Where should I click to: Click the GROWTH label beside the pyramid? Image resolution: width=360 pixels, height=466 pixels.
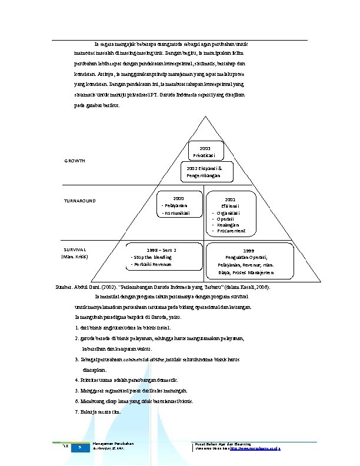click(x=75, y=161)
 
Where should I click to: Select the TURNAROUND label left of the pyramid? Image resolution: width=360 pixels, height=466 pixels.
click(x=80, y=201)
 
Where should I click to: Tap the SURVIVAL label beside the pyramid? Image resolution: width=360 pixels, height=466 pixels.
click(x=75, y=249)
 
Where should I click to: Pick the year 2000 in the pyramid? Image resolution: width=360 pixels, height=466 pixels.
click(x=179, y=198)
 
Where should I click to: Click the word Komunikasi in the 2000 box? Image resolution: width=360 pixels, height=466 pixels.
click(x=176, y=213)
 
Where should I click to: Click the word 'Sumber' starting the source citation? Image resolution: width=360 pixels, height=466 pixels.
click(x=62, y=289)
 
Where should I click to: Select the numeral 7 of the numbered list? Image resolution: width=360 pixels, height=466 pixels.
click(x=76, y=412)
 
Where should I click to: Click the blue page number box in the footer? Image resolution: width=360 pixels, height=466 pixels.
click(x=79, y=448)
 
